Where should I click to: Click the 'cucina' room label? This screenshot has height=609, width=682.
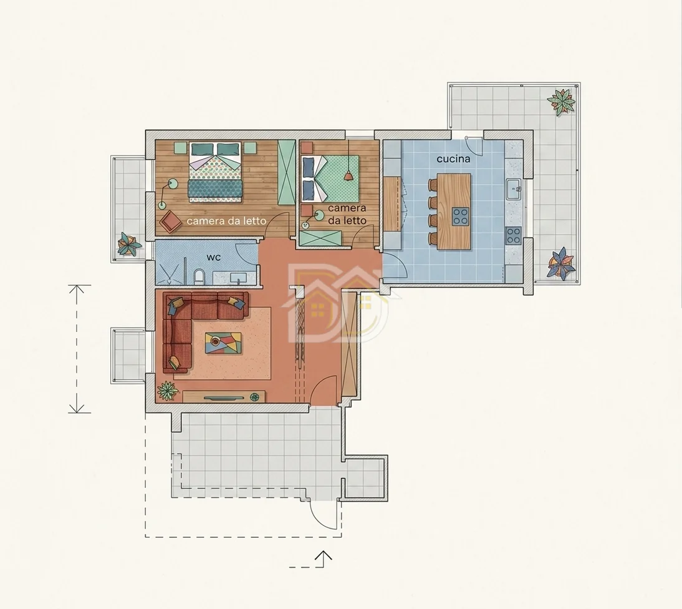coord(453,159)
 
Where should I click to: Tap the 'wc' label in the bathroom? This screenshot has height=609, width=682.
coord(214,257)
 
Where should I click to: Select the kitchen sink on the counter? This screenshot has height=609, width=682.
coord(514,189)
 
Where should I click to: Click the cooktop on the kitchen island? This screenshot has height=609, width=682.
coord(460,217)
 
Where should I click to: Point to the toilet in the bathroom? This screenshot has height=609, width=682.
coord(199,277)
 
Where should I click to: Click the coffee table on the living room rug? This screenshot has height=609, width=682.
coord(223,343)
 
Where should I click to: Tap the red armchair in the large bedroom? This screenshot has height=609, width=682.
coord(171,221)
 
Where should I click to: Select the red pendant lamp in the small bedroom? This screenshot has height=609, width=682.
coord(348,175)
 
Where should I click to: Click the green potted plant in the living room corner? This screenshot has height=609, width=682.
coord(168,391)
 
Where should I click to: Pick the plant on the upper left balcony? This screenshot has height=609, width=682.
coord(129,244)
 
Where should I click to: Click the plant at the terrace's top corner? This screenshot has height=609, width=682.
coord(560,102)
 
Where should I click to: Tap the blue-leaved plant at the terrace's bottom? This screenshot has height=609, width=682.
coord(562,263)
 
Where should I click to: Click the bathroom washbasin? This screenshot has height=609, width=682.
coord(238,278)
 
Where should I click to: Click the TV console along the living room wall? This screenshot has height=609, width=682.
coord(224,397)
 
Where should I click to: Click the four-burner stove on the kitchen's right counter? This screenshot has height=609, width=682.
coord(513,235)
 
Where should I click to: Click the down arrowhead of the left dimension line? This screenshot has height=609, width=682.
coord(77,408)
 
